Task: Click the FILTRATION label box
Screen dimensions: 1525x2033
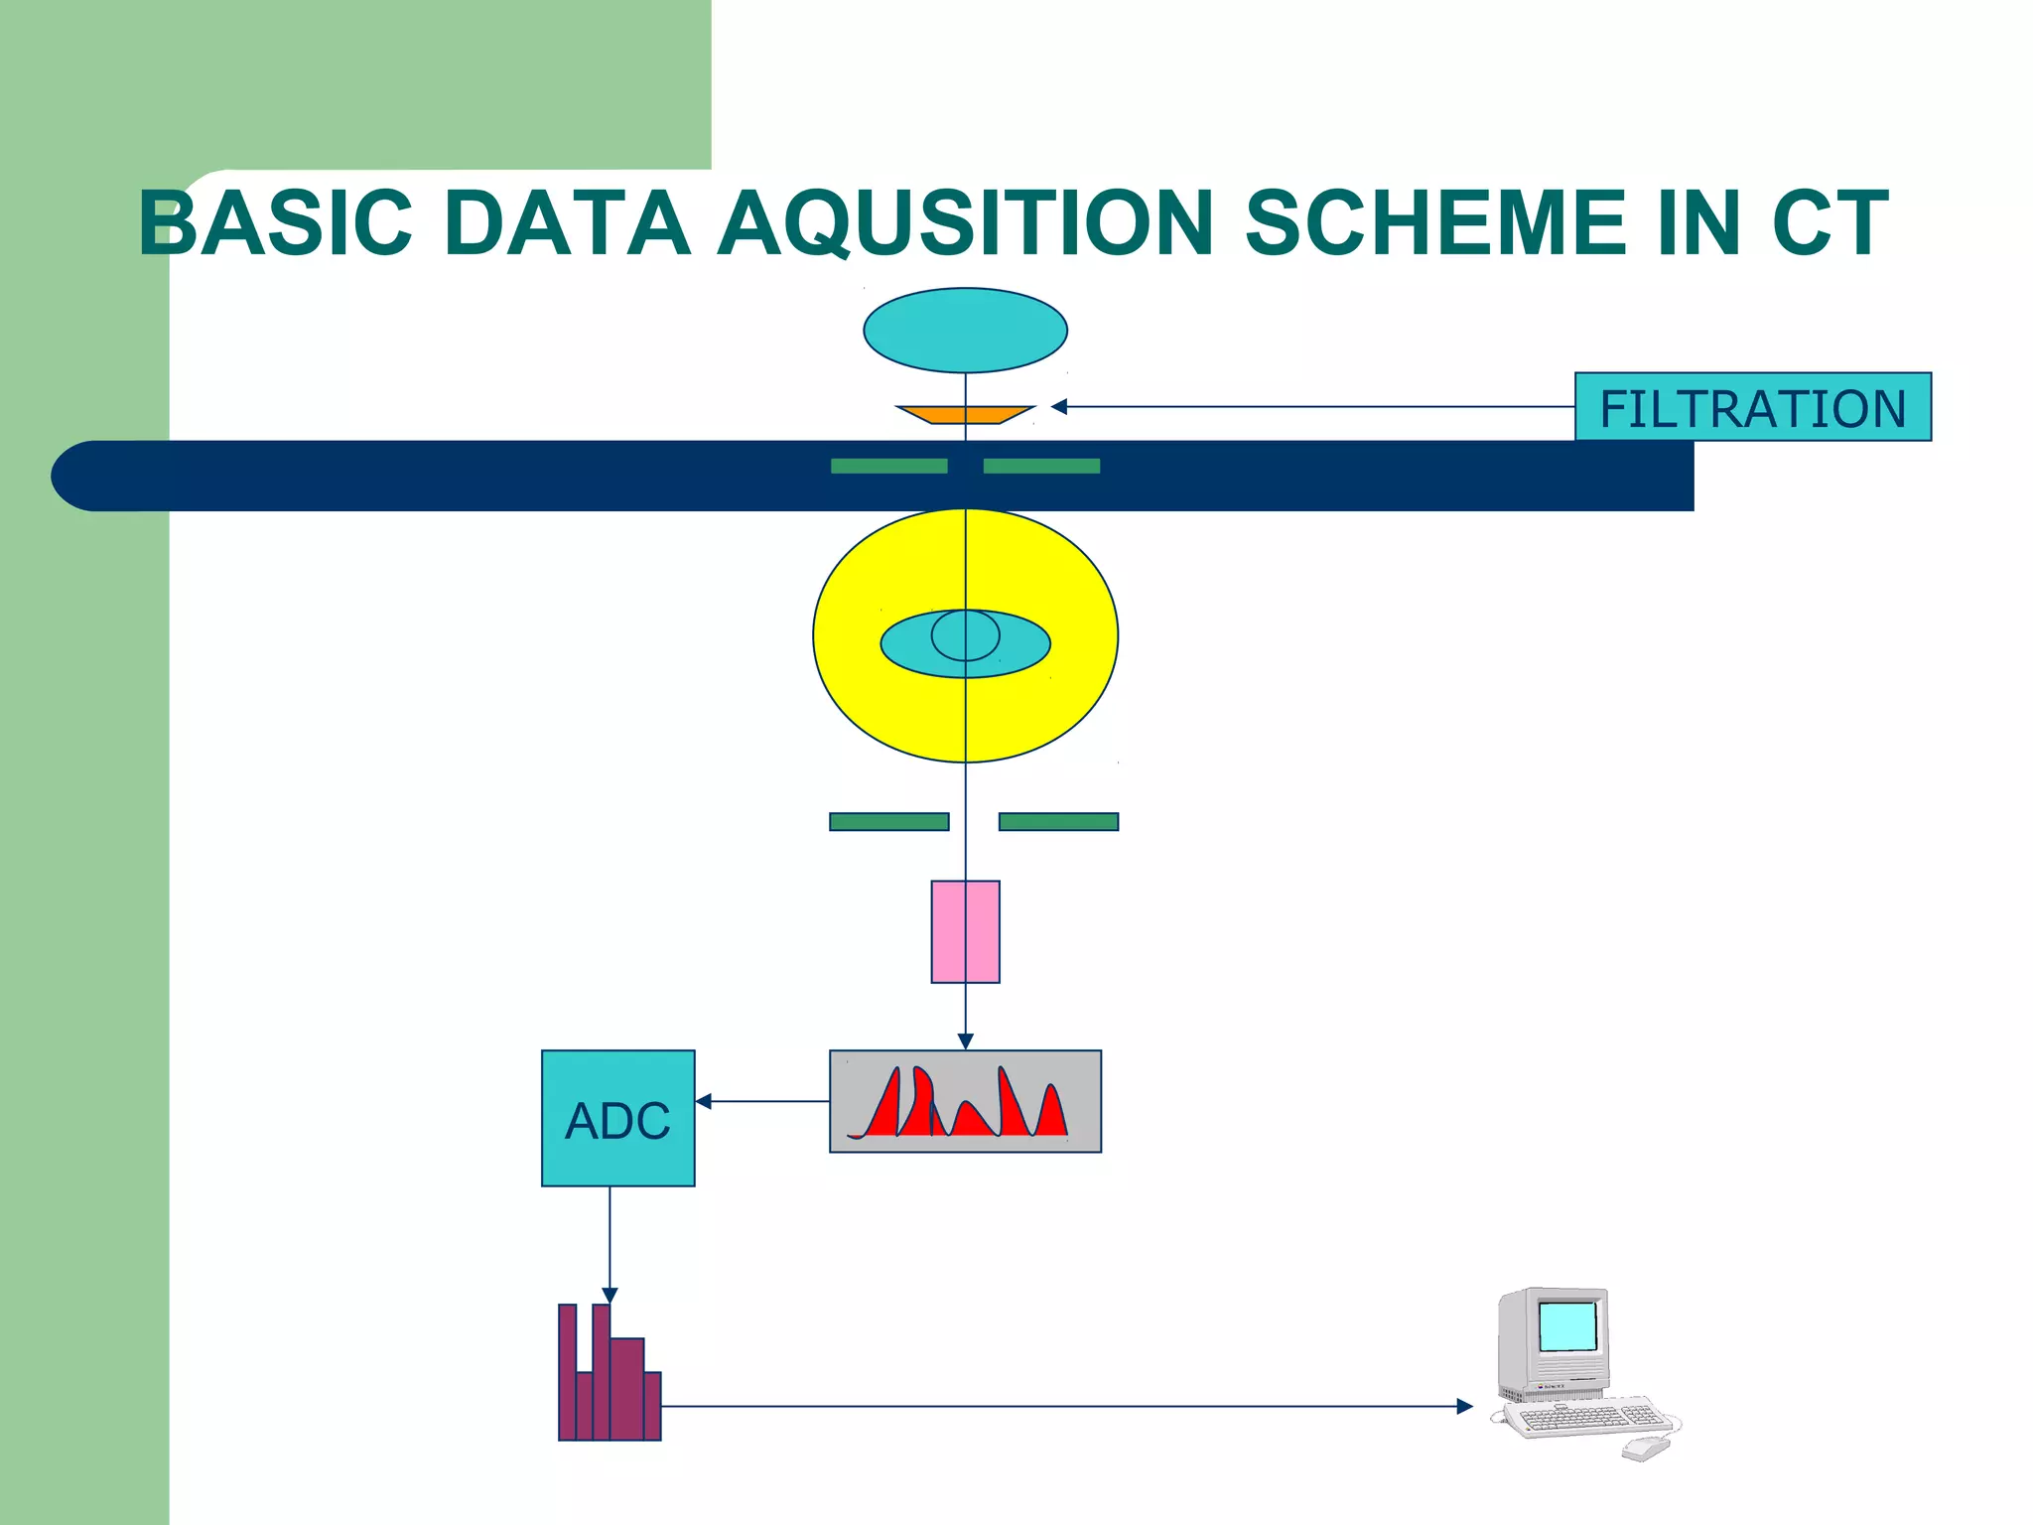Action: [1752, 407]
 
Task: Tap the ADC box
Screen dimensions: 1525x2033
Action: [617, 1118]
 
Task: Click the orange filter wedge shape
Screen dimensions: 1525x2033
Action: [965, 414]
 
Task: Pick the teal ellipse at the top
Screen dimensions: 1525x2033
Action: [965, 330]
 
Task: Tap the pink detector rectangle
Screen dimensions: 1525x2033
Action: [965, 931]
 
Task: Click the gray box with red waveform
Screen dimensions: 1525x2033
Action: [965, 1101]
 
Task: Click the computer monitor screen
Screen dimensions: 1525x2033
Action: [1567, 1326]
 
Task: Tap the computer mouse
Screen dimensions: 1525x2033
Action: [1647, 1449]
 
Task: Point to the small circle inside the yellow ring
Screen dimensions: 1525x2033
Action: [965, 635]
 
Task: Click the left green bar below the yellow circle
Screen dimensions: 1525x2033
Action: [888, 821]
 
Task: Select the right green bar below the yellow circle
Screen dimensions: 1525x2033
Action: [1058, 821]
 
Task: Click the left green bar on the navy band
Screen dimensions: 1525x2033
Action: [888, 466]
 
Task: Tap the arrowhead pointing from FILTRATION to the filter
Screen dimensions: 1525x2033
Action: [1059, 407]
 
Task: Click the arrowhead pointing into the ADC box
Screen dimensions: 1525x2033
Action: [704, 1101]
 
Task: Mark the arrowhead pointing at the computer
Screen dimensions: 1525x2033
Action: [1464, 1406]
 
